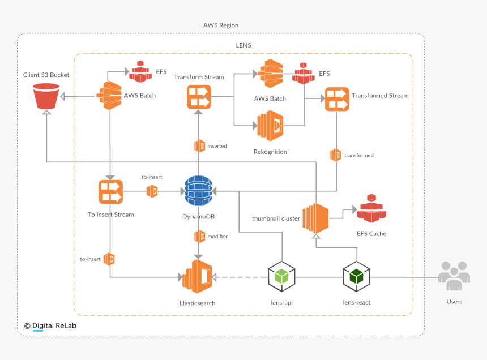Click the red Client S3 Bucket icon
46,96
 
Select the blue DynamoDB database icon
198,191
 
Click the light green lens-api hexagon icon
281,277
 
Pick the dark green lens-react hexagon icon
357,277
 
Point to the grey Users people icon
454,275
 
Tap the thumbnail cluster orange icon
315,218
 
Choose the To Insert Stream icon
110,191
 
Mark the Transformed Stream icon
336,99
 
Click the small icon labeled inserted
199,146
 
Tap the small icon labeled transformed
335,155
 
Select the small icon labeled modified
199,236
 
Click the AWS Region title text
221,25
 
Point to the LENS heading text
244,45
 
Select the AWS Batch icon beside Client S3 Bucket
110,96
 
